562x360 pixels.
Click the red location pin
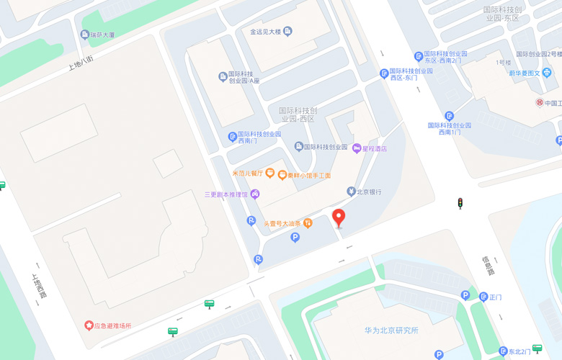click(x=339, y=218)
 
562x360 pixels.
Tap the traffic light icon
click(x=460, y=204)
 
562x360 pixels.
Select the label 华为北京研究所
click(x=391, y=330)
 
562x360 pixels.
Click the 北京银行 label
click(x=369, y=192)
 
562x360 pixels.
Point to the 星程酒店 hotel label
click(x=374, y=148)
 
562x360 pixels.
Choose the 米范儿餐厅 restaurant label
click(x=248, y=173)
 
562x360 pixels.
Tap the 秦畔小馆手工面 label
click(x=309, y=175)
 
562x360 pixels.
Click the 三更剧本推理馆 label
click(x=226, y=194)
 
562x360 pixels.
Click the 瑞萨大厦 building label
click(x=102, y=35)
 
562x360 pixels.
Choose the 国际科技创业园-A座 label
click(x=244, y=78)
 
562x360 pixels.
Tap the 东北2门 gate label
click(x=519, y=351)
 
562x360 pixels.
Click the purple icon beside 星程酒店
click(x=356, y=148)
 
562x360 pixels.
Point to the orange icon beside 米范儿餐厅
click(x=269, y=173)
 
